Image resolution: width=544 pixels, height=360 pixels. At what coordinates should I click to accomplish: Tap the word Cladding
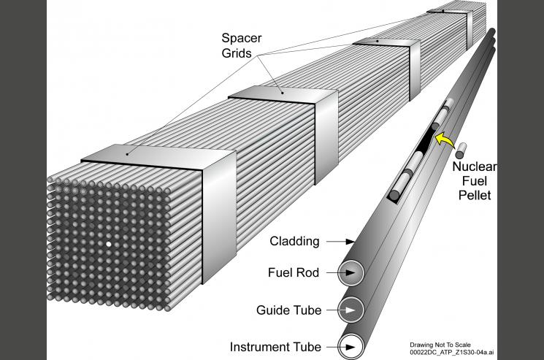coord(294,241)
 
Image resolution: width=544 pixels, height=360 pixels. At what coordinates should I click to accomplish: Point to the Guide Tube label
coord(288,310)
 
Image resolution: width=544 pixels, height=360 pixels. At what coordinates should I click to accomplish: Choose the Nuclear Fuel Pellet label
coord(475,181)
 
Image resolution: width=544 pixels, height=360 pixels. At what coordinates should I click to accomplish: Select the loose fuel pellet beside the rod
coord(461,152)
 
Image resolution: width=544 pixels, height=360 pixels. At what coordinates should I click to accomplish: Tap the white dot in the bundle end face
coord(109,244)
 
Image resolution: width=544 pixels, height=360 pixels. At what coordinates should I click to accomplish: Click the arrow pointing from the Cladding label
coord(341,241)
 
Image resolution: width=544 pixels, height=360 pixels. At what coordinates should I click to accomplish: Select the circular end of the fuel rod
coord(352,274)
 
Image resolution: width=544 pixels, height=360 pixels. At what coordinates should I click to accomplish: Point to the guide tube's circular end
coord(352,310)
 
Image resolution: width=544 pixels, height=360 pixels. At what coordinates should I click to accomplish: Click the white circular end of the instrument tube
coord(352,346)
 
